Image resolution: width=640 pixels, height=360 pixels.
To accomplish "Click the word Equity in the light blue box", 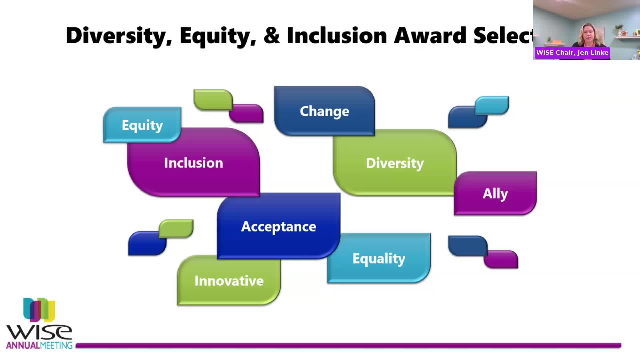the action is pos(142,125).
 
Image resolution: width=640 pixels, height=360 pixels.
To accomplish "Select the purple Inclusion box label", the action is pos(194,163).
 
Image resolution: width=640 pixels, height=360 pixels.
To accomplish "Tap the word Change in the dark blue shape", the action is pos(324,111).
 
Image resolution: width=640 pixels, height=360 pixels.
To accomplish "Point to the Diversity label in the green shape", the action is pos(395,163).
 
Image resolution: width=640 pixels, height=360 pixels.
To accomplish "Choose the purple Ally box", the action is pos(495,193).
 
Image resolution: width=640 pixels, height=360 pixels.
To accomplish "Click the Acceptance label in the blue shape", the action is pos(279,227).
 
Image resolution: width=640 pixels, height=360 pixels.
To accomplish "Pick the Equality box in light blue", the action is pos(379,258).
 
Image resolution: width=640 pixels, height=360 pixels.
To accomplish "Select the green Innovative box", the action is pos(229,280).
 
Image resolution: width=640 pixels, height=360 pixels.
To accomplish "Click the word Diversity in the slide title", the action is pos(119,36).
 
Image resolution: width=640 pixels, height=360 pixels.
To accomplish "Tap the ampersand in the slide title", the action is pos(272,35).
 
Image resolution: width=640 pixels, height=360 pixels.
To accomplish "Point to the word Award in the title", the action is pos(430,35).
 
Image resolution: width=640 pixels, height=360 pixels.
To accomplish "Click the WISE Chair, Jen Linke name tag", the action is pos(572,53).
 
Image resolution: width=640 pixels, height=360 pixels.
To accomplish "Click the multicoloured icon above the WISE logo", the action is pos(39,310).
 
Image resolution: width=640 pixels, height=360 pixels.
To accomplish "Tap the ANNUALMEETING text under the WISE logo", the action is pos(39,345).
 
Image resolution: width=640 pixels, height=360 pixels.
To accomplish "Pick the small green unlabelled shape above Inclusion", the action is pos(213,100).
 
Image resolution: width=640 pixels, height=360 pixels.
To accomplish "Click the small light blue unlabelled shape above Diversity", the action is pos(492,105).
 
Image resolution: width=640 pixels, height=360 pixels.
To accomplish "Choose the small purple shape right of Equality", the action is pos(501,259).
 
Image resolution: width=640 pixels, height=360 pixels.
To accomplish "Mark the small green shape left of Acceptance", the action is pos(176,229).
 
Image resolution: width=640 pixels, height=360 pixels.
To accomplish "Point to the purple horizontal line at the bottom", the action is pos(349,346).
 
